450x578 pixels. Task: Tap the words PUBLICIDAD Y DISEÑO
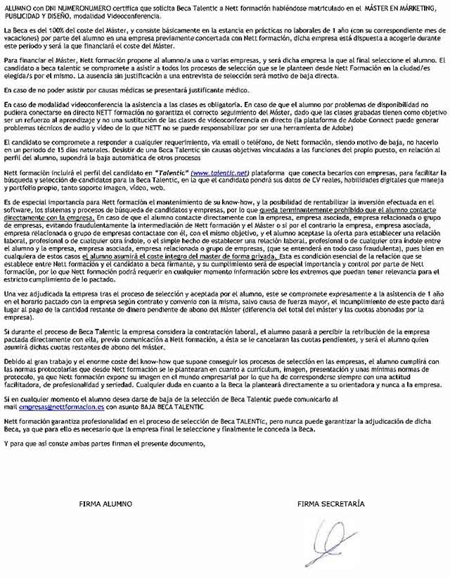[41, 13]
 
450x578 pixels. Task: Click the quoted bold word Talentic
[167, 172]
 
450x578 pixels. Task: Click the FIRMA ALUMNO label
[105, 504]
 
